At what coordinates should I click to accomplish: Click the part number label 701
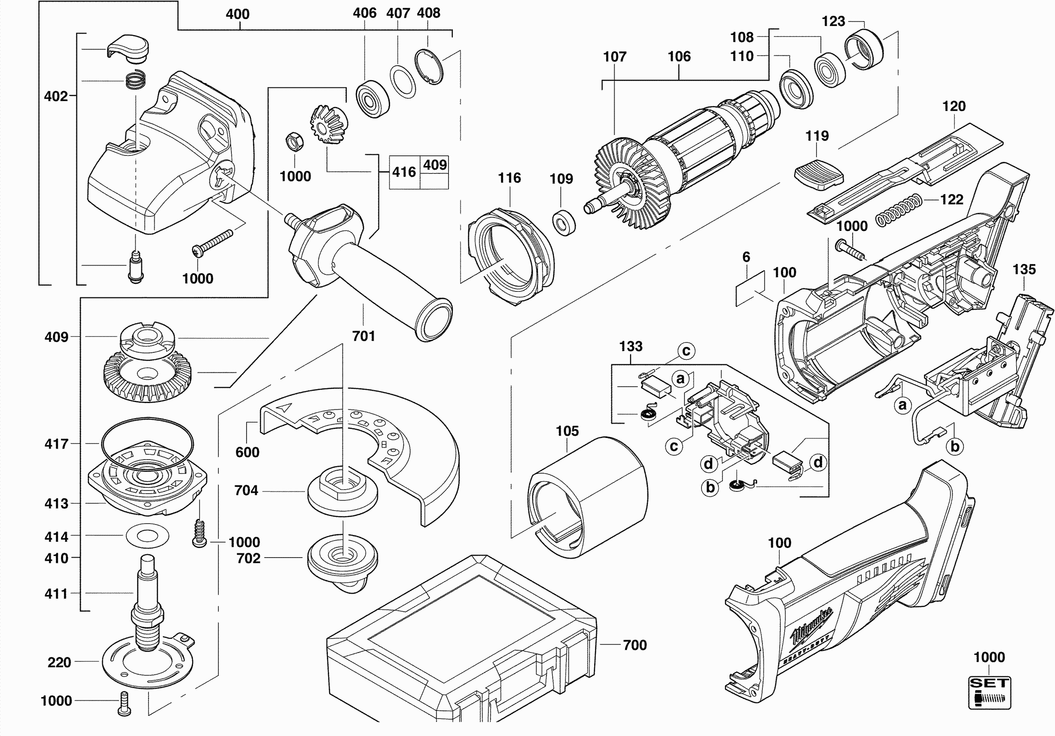(364, 336)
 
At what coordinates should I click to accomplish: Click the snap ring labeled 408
(429, 67)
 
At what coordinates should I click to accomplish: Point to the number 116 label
(509, 177)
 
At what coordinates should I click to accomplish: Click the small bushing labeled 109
(564, 223)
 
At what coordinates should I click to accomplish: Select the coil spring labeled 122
(899, 210)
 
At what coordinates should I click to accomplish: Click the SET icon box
(989, 692)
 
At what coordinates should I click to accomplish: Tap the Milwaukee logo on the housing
(812, 625)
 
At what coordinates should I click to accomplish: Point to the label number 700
(634, 645)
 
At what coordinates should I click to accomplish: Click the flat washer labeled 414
(147, 536)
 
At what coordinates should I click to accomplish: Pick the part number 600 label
(247, 452)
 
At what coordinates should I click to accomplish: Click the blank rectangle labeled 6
(750, 288)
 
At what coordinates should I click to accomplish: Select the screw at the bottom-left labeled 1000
(124, 703)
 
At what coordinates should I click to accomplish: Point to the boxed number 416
(404, 172)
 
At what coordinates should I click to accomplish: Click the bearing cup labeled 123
(864, 49)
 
